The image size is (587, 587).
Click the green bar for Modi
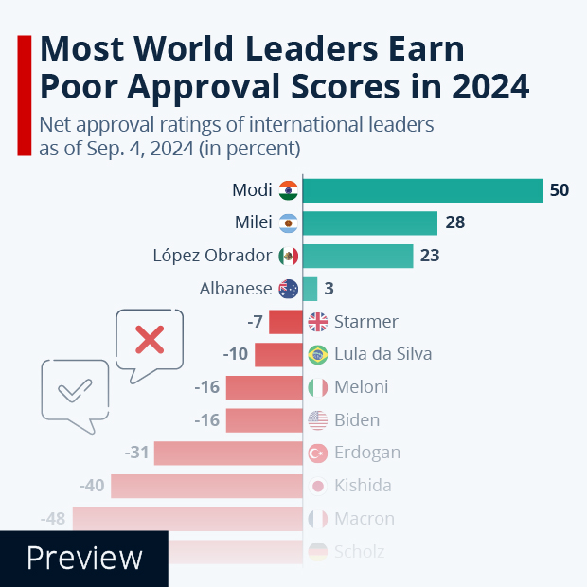[x=422, y=190]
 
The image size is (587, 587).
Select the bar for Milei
[x=369, y=223]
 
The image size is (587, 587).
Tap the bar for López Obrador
[x=358, y=256]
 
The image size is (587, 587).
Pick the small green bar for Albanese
[x=310, y=289]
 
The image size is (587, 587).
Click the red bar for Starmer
[x=285, y=322]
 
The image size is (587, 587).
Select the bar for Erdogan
[x=228, y=453]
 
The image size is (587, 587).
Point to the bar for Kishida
[x=206, y=486]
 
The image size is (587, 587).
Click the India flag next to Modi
[x=289, y=190]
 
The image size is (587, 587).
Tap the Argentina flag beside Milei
[x=289, y=223]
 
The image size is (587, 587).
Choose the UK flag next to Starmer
[x=318, y=322]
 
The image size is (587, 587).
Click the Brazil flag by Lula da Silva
[x=318, y=355]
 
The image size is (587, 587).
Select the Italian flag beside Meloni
[x=318, y=387]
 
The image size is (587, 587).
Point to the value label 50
[x=559, y=190]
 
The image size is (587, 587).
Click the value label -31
[x=137, y=453]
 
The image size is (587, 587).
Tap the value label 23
[x=430, y=256]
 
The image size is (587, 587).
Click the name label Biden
[x=357, y=420]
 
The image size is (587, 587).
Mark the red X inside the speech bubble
[x=148, y=339]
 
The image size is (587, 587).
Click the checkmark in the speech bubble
[x=74, y=389]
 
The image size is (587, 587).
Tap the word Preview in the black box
[x=84, y=558]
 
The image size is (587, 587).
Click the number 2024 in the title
[x=478, y=87]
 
